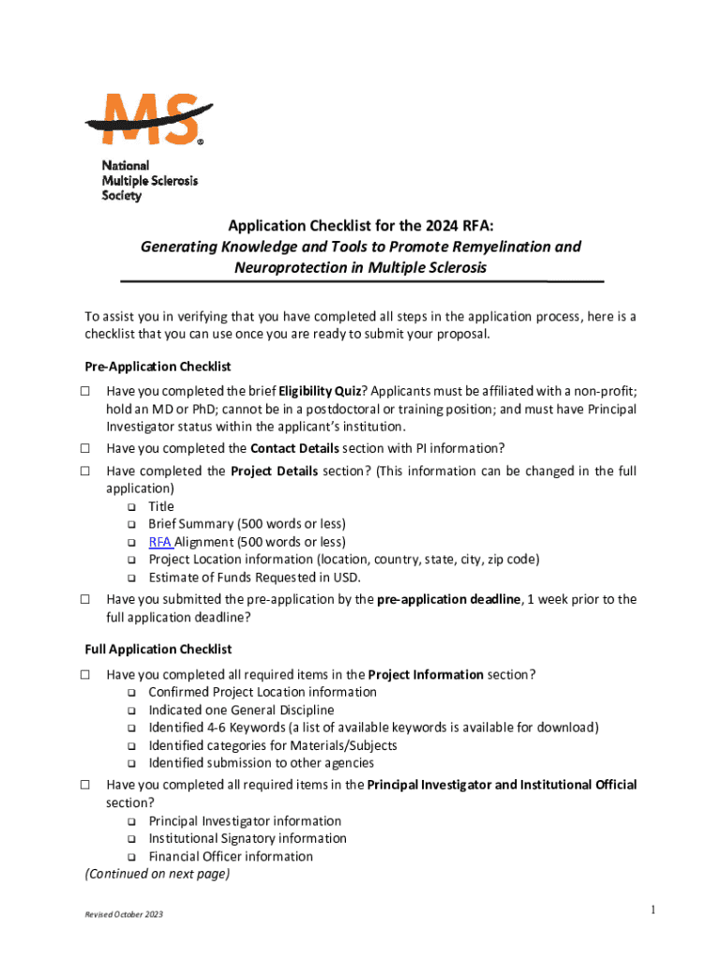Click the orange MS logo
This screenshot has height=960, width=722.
[151, 119]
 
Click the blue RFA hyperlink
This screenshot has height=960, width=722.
[159, 542]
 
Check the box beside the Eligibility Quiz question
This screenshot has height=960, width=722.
[84, 391]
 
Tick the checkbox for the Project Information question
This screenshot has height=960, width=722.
[84, 674]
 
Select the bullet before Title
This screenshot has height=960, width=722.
[131, 507]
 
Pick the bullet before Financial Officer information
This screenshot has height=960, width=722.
[131, 857]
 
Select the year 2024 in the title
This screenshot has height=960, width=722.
[429, 225]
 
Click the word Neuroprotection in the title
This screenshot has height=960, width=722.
[299, 267]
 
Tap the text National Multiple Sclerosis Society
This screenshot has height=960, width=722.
[149, 180]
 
